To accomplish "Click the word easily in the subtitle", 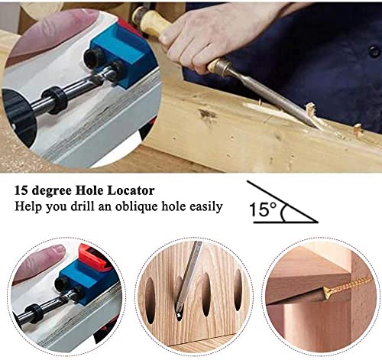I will point(204,206).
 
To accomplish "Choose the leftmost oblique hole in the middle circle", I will point(151,294).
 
